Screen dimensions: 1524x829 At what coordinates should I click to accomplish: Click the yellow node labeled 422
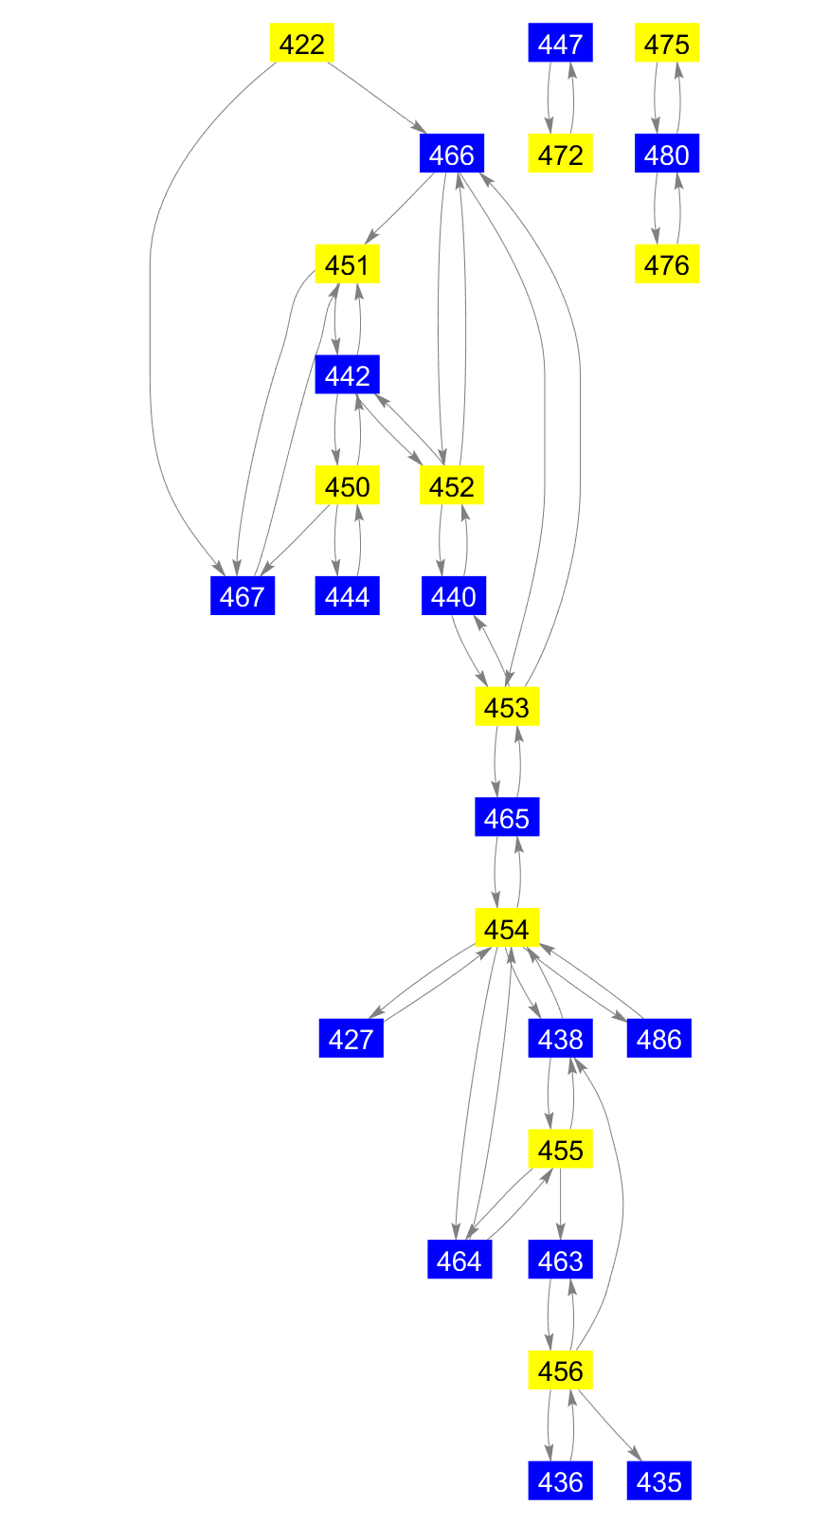(302, 44)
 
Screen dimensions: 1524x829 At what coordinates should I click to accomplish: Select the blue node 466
(451, 154)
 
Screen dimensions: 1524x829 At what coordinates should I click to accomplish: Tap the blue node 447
(560, 44)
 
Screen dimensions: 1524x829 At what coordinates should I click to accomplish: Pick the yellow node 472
(560, 154)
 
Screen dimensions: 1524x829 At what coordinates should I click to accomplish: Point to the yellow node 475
(666, 44)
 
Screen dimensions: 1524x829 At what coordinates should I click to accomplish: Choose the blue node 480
(666, 154)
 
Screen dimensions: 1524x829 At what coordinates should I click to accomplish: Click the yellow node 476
(666, 265)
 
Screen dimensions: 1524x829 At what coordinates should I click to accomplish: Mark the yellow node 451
(347, 265)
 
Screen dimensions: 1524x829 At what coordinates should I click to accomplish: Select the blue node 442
(347, 375)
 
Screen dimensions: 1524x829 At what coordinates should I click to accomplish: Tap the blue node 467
(242, 597)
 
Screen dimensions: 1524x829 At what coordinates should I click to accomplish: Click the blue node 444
(347, 597)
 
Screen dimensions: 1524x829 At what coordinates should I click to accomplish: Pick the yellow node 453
(507, 707)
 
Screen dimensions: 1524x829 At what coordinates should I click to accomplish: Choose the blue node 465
(507, 818)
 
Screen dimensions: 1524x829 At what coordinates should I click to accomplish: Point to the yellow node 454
(507, 929)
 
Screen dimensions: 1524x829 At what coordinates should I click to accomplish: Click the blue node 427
(351, 1040)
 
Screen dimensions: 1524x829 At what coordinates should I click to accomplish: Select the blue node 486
(658, 1040)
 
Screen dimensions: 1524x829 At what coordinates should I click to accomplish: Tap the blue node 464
(460, 1261)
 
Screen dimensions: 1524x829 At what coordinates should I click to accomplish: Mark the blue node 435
(658, 1481)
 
